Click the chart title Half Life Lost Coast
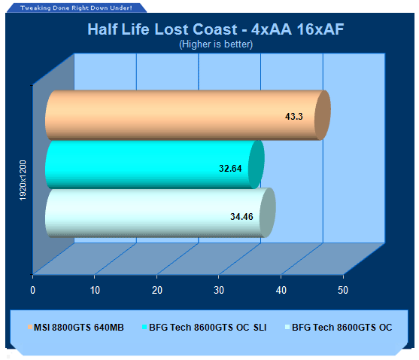[162, 29]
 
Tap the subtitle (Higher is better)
[216, 44]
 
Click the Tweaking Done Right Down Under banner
[76, 8]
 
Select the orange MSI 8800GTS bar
[188, 115]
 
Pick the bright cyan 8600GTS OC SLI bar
[155, 164]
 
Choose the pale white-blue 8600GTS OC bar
[160, 212]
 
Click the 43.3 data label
[294, 117]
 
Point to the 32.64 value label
[230, 169]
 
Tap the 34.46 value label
[241, 217]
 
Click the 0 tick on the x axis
[32, 290]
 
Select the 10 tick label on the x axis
[95, 290]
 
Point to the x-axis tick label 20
[157, 290]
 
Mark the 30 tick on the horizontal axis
[219, 290]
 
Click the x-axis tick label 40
[281, 290]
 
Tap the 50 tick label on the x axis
[343, 290]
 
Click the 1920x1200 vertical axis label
[23, 180]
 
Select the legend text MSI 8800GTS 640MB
[79, 328]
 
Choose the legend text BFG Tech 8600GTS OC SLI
[208, 328]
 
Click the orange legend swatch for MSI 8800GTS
[30, 327]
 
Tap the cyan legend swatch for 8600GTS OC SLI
[144, 327]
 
